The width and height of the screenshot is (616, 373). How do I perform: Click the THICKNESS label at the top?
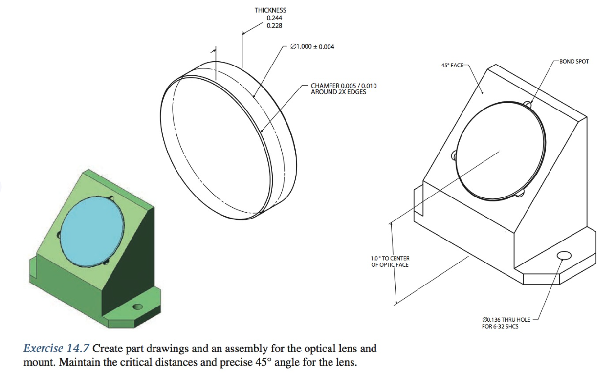[x=270, y=10]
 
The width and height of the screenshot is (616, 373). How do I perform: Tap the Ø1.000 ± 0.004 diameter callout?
[x=312, y=47]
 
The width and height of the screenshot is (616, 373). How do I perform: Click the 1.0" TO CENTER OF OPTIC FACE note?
[x=390, y=262]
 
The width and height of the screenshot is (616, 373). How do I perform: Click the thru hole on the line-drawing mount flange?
[x=563, y=256]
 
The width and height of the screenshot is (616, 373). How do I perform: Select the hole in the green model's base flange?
[x=138, y=307]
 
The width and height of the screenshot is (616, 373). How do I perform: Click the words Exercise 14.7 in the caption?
[x=56, y=349]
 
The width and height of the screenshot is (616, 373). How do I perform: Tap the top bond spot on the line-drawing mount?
[x=527, y=104]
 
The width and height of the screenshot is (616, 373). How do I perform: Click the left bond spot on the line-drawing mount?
[x=454, y=156]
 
